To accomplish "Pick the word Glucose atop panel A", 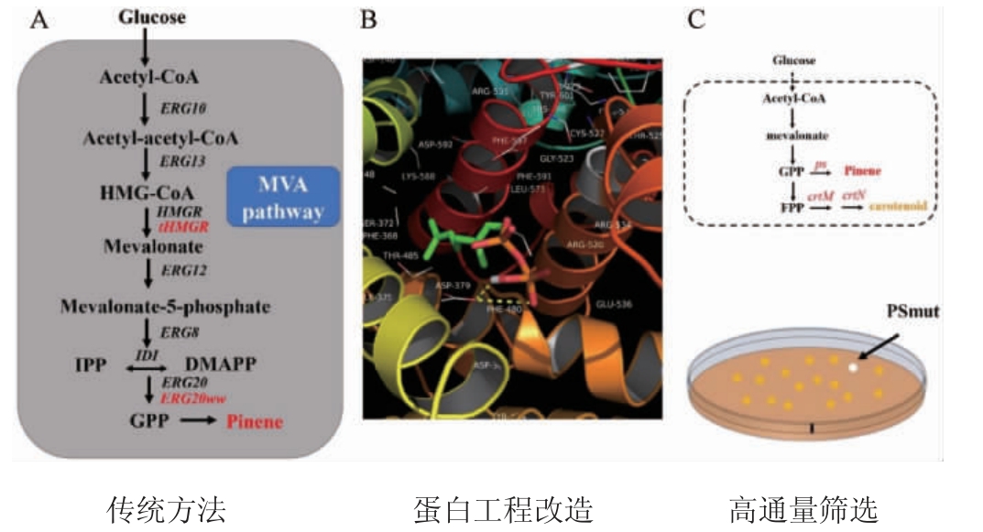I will point(152,16).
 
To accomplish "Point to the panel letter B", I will point(368,18).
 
